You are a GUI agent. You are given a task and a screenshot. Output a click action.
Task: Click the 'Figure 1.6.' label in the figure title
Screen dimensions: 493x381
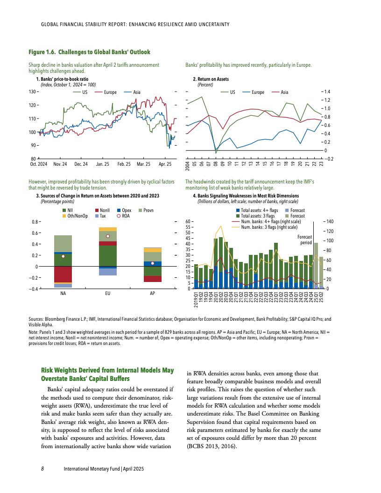(x=42, y=52)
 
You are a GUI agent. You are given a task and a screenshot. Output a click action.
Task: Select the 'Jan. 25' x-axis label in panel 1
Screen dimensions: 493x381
(x=102, y=164)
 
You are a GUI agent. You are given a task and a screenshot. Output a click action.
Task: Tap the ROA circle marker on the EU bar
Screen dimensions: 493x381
(x=108, y=236)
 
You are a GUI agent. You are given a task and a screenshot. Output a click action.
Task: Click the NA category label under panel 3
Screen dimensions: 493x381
(x=63, y=294)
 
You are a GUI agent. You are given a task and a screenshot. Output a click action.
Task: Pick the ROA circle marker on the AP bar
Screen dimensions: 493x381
(x=152, y=263)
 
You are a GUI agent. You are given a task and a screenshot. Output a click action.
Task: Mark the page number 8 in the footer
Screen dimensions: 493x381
(x=42, y=468)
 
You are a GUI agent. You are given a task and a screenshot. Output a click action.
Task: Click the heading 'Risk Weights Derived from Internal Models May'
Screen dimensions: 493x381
(x=107, y=370)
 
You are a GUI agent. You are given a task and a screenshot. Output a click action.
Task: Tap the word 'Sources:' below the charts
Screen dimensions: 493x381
(x=36, y=319)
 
